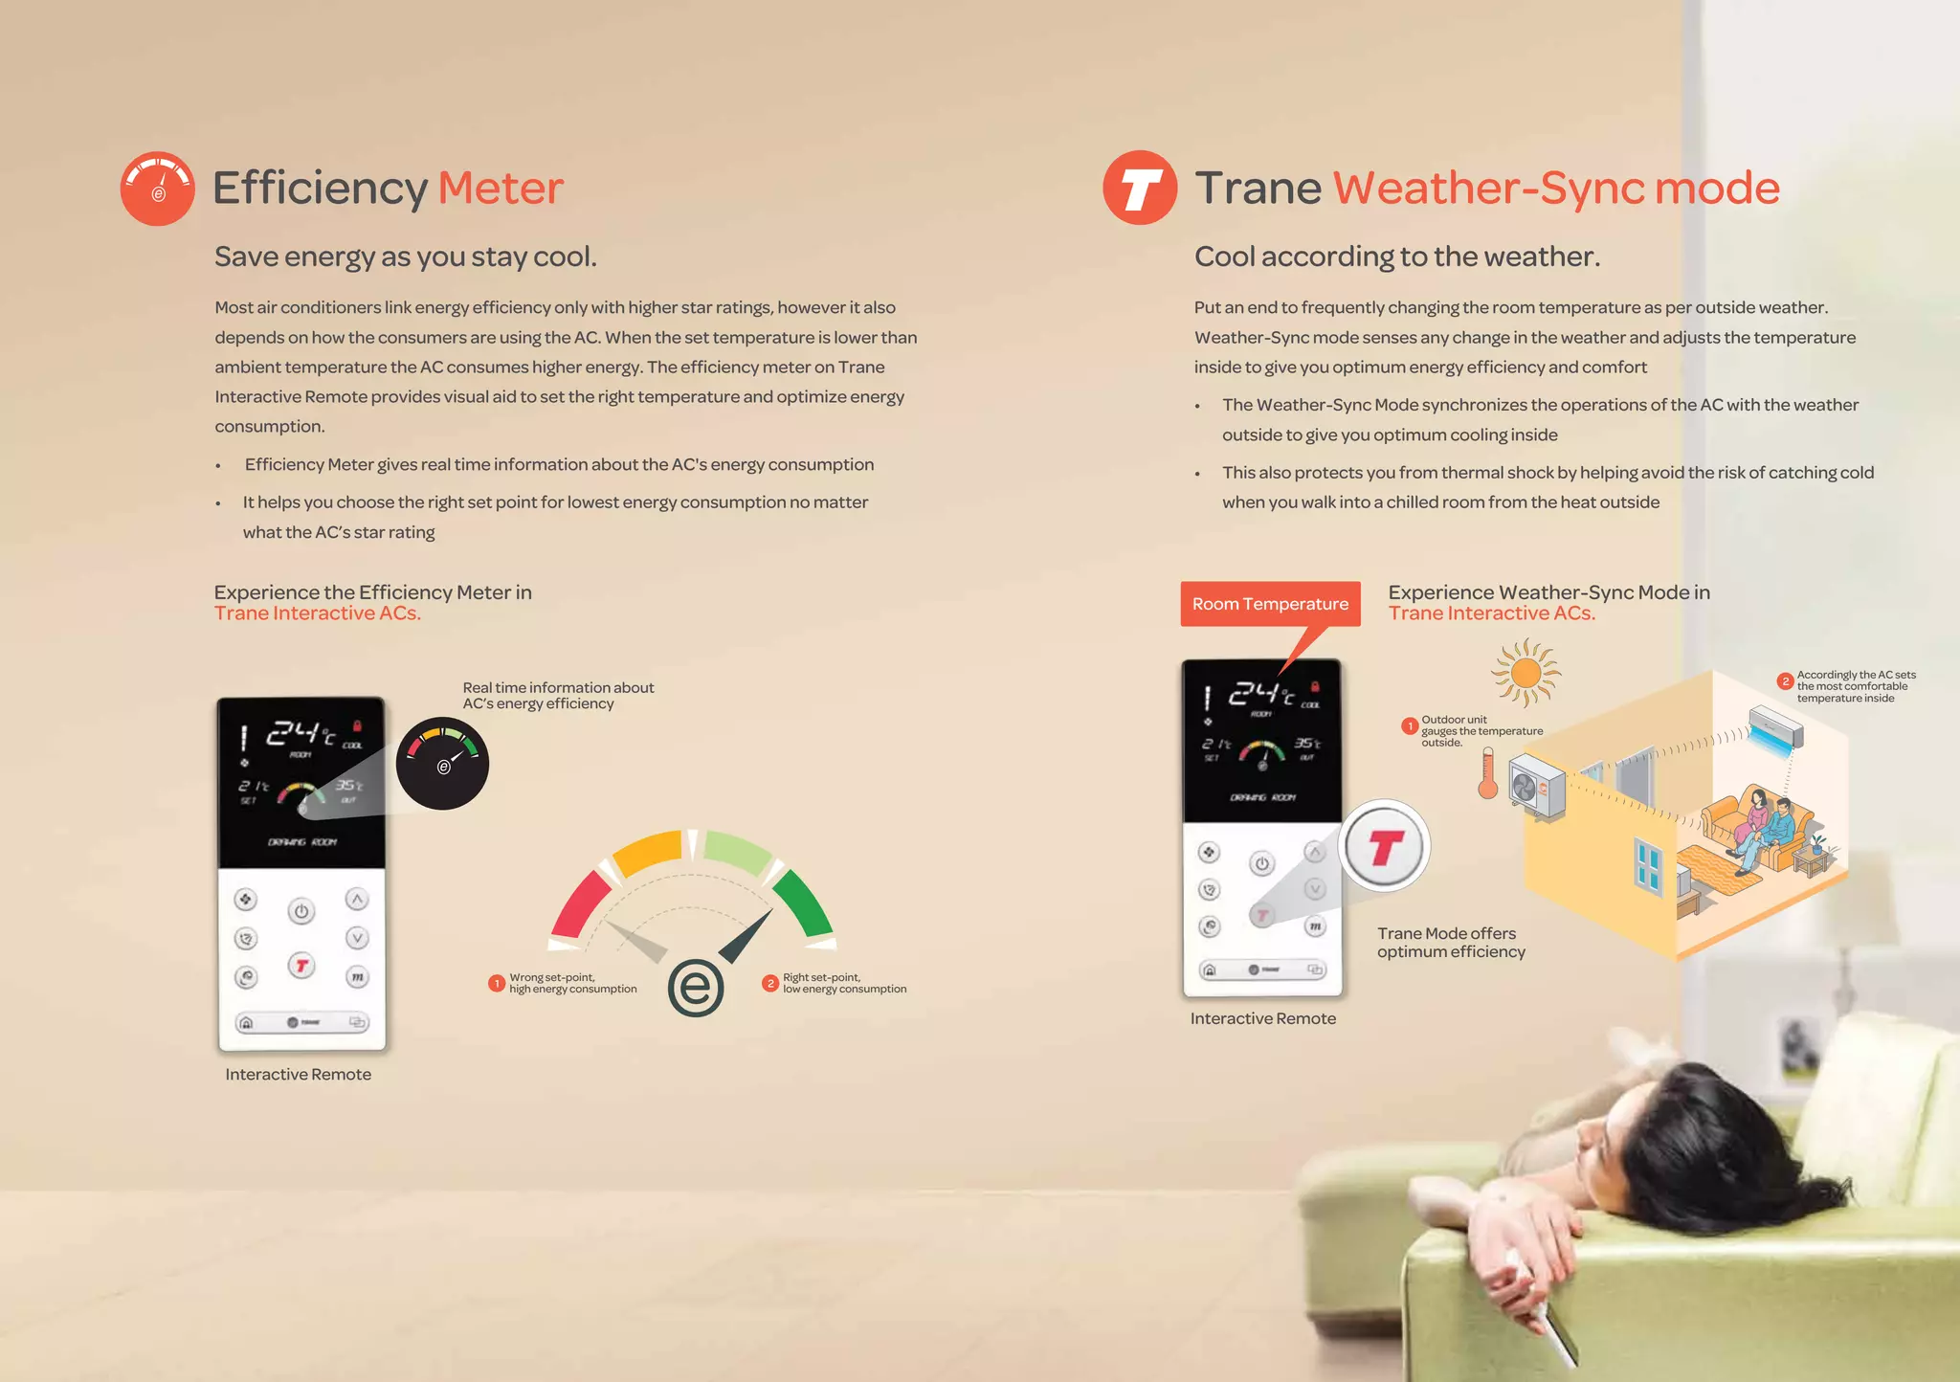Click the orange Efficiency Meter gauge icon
(158, 189)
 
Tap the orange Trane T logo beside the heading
(1140, 188)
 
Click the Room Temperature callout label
(1270, 604)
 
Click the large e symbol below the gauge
(696, 988)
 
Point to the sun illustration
(1526, 672)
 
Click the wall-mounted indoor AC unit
(1776, 727)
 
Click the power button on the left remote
(301, 911)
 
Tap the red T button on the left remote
(301, 966)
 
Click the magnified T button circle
(1384, 846)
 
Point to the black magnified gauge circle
(443, 763)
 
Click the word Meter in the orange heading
(501, 188)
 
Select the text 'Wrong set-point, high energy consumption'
(572, 983)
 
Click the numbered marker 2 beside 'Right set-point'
(770, 983)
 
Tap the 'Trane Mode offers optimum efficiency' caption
(1451, 942)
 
